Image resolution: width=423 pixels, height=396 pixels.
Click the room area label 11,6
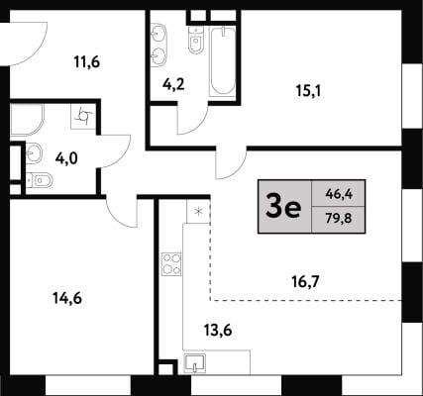click(x=87, y=62)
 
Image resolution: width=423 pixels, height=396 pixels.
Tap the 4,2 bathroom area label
click(x=173, y=85)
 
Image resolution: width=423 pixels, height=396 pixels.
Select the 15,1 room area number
click(x=308, y=91)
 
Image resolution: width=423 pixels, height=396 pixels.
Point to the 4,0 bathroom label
click(x=66, y=159)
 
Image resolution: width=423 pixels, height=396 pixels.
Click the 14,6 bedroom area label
click(x=67, y=299)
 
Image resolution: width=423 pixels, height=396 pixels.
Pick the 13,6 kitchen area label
click(x=218, y=330)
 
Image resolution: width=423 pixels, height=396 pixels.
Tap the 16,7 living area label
click(x=305, y=282)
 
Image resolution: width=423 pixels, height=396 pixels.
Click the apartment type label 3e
click(x=283, y=207)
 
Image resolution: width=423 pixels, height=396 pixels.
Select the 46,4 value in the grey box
click(x=339, y=194)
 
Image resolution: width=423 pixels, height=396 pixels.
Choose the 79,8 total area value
click(x=339, y=219)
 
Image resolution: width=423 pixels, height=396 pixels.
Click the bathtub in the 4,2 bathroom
click(x=223, y=62)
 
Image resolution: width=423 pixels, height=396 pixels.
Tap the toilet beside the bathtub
click(x=196, y=40)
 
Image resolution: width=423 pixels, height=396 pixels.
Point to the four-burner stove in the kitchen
click(x=171, y=264)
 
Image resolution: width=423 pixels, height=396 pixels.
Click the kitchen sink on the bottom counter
click(x=195, y=363)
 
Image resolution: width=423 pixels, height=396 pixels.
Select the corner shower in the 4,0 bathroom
click(x=27, y=120)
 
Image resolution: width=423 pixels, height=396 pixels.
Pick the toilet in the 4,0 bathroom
click(x=40, y=180)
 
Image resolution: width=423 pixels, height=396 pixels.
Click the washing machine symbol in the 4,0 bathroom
click(x=83, y=116)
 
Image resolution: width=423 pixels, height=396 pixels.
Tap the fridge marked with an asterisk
click(x=198, y=212)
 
